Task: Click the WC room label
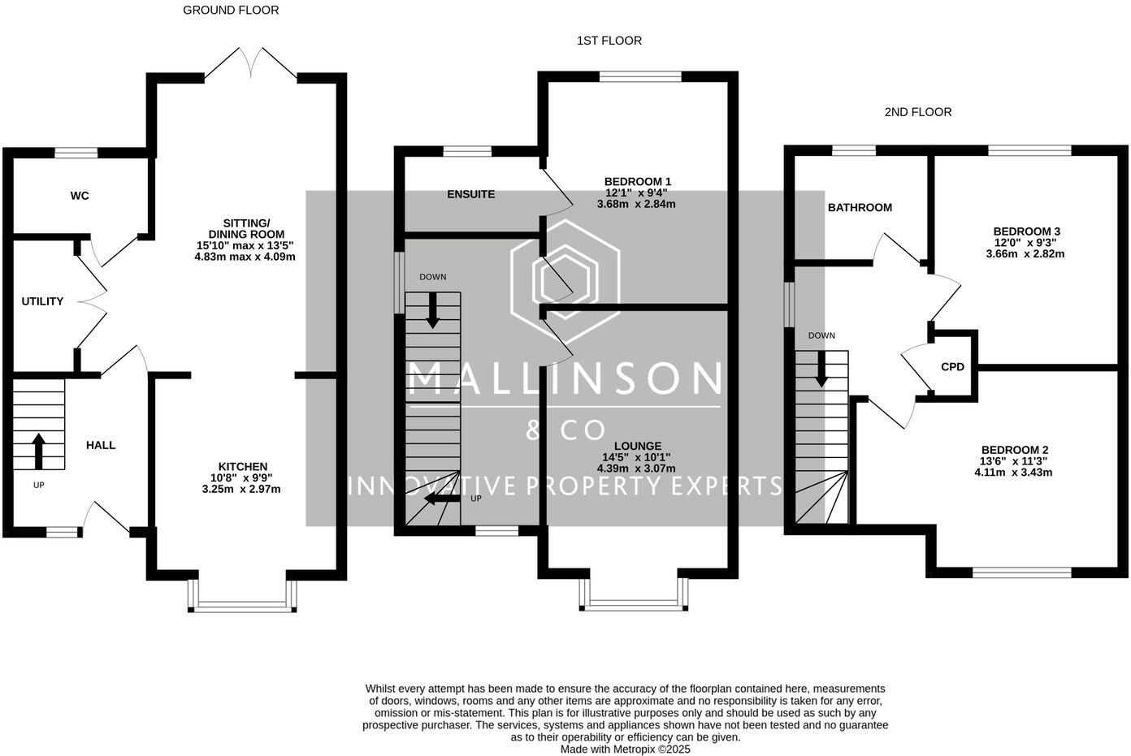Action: [80, 196]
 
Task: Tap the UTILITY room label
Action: [42, 301]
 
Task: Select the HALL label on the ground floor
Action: [101, 445]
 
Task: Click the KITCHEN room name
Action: [241, 467]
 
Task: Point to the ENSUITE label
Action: [471, 194]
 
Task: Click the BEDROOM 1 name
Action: [638, 181]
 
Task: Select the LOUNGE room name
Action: [638, 446]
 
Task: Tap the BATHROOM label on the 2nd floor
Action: [860, 207]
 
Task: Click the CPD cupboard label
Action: [952, 367]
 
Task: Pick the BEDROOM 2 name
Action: [1015, 450]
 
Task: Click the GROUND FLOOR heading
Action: [231, 11]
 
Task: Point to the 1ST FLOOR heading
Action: [609, 41]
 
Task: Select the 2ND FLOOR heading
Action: [918, 112]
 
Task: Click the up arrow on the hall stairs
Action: [38, 451]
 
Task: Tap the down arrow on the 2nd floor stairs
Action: [821, 369]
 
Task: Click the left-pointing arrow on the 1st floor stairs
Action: [440, 498]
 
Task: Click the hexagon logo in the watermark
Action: [565, 279]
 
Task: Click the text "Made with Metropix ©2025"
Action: [625, 750]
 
